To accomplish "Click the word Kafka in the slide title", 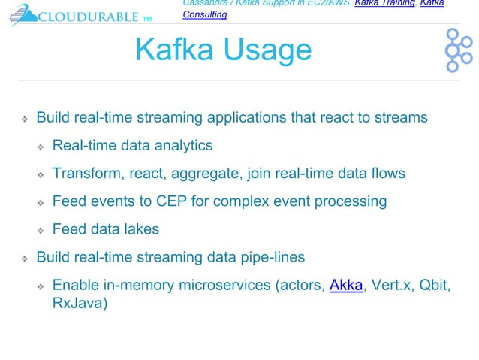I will point(173,50).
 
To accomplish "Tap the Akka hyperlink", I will point(346,286).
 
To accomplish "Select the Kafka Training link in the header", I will point(384,4).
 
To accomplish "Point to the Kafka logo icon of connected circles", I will point(456,50).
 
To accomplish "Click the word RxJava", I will point(80,304).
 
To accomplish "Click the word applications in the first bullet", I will point(251,118).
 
